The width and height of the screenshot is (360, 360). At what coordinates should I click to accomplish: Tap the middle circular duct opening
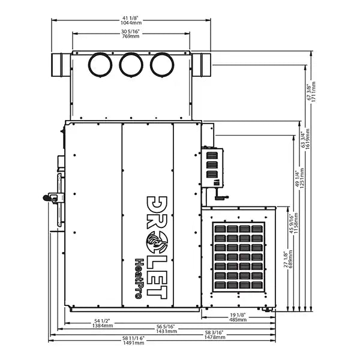pyautogui.click(x=131, y=65)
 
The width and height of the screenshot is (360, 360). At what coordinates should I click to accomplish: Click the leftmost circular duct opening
pyautogui.click(x=100, y=65)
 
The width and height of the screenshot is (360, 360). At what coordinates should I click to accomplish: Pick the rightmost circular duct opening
pyautogui.click(x=161, y=65)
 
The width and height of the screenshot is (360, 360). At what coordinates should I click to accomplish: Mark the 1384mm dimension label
pyautogui.click(x=103, y=323)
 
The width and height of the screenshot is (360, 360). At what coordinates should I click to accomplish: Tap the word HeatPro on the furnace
pyautogui.click(x=138, y=278)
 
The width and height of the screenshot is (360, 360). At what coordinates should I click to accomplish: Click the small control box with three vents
pyautogui.click(x=212, y=166)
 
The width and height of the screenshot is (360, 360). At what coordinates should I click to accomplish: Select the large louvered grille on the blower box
pyautogui.click(x=239, y=257)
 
